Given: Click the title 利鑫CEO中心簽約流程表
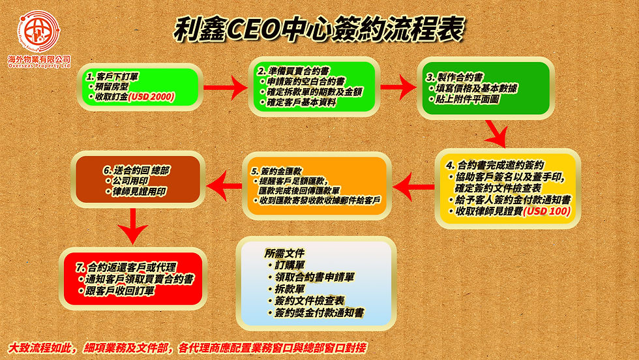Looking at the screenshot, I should click(x=319, y=29).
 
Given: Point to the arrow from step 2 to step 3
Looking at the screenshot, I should click(x=395, y=87).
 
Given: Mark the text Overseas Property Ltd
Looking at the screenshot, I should click(x=39, y=66).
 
